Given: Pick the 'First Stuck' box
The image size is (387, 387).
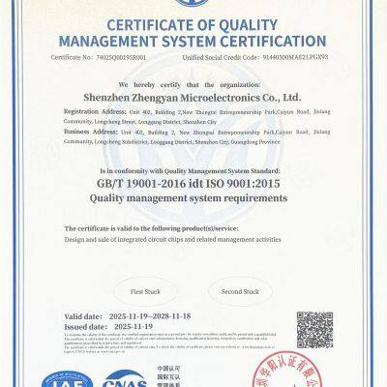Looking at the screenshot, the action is click(x=145, y=290).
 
